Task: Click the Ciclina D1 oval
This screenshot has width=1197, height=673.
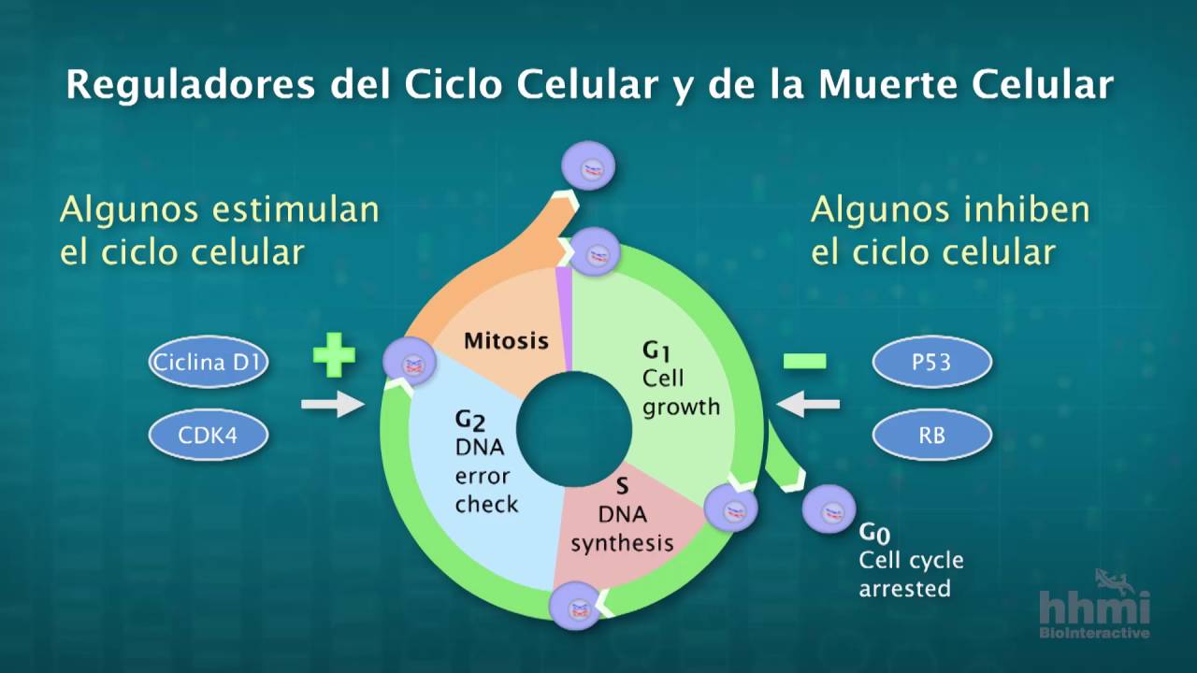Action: pos(209,362)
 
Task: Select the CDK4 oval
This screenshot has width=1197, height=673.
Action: pos(209,436)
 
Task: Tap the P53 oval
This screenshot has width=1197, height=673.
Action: pos(932,362)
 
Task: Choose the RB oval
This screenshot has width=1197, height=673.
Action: pos(932,436)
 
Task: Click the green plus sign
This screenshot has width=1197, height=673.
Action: pos(334,354)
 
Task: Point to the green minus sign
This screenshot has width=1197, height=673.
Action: pos(805,362)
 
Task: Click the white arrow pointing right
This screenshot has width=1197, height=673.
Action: pos(333,404)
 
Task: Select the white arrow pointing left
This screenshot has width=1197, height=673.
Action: pos(808,404)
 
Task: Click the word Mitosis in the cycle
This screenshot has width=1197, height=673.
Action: pos(506,341)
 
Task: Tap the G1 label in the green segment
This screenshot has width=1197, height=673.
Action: pos(656,351)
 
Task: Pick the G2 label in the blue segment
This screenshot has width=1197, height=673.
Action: pos(470,421)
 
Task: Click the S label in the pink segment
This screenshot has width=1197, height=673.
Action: pos(622,486)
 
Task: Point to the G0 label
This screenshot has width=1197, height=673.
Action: pos(874,533)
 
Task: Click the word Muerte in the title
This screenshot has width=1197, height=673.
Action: pos(888,84)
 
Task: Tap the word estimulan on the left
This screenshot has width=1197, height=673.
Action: pos(296,209)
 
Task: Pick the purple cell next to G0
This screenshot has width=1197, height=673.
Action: pos(829,509)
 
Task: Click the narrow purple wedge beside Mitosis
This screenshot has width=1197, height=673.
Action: pos(564,319)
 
